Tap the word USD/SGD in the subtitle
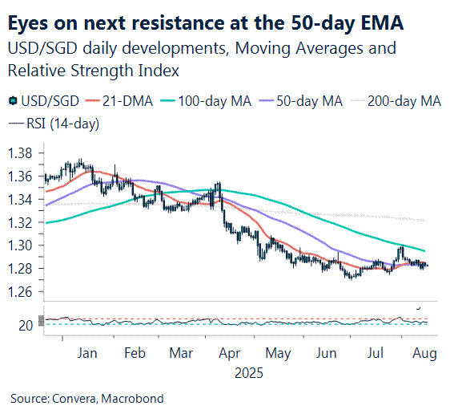click(39, 49)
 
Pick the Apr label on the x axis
click(230, 353)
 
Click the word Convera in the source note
click(73, 399)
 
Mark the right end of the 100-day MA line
click(424, 251)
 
